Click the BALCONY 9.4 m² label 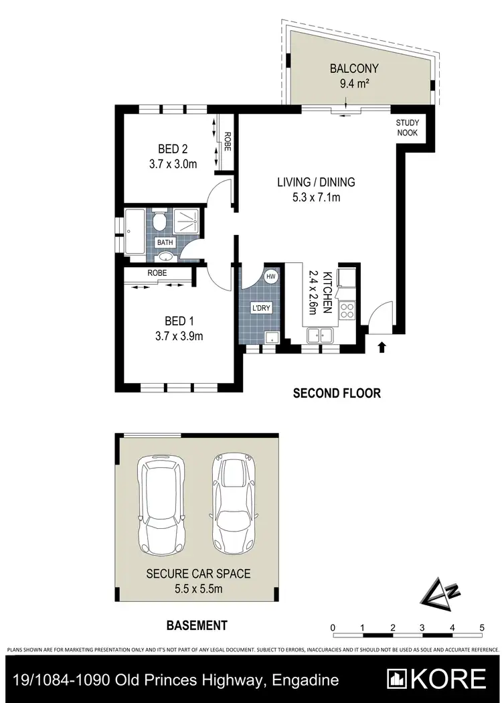click(354, 76)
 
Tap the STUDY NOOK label click(407, 128)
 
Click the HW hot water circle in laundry click(271, 277)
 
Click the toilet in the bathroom click(159, 221)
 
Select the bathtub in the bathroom click(134, 232)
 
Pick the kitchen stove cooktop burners click(347, 310)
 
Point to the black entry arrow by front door click(382, 347)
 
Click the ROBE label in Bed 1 click(158, 273)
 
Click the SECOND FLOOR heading click(337, 393)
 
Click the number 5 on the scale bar click(482, 627)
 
